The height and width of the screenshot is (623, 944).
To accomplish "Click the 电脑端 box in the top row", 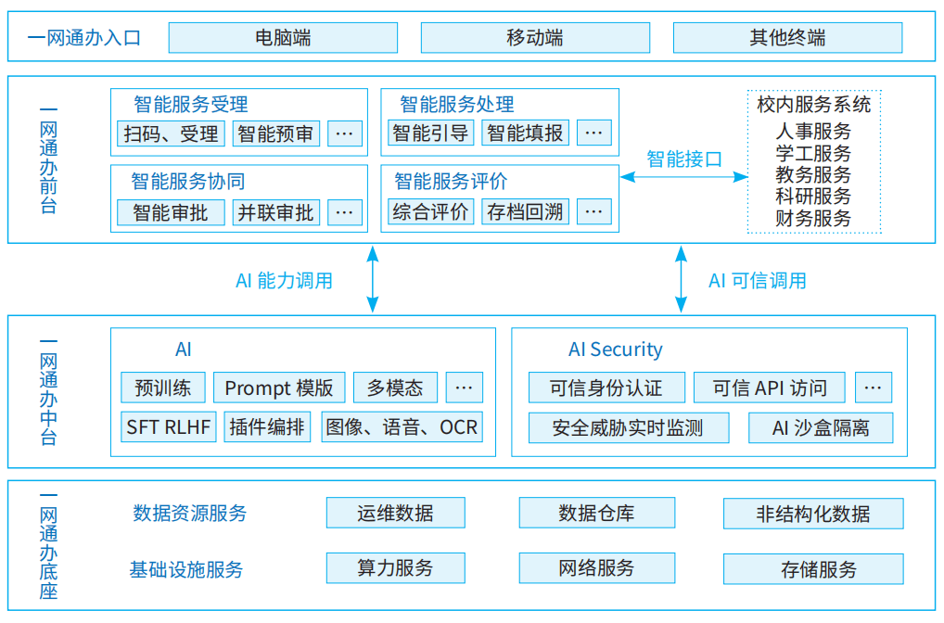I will click(283, 38).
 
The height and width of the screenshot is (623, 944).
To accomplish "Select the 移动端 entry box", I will click(535, 38).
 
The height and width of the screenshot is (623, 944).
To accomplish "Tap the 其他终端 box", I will click(787, 38).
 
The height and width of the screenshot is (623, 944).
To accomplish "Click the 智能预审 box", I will click(275, 133).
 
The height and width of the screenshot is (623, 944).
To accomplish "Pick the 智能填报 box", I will click(525, 133).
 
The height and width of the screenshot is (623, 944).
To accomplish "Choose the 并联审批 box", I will click(275, 212).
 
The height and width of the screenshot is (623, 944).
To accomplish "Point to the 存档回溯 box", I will click(525, 212).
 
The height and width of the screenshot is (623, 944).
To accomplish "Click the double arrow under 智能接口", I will click(683, 176).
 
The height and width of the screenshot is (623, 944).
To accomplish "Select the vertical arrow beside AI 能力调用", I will click(373, 278).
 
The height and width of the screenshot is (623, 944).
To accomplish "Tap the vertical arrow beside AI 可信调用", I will click(682, 278).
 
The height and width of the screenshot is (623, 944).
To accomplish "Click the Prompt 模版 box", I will click(279, 388).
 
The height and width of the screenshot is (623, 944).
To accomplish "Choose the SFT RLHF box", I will click(169, 427).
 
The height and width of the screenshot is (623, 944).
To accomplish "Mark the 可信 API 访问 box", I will click(769, 388).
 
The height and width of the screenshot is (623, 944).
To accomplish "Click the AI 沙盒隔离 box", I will click(821, 427).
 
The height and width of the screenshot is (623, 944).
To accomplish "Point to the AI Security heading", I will click(615, 350).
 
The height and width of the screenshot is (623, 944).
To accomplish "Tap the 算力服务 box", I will click(395, 567).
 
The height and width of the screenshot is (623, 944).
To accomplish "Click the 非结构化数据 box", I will click(813, 514).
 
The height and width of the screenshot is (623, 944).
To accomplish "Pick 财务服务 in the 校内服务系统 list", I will click(813, 218).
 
